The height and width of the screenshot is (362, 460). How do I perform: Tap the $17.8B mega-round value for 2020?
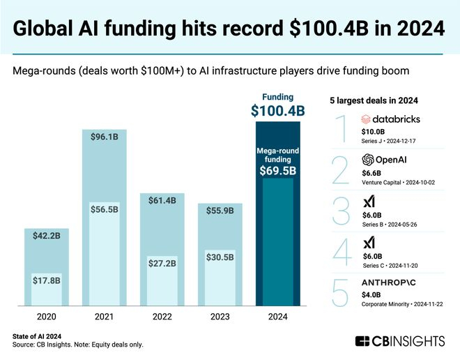click(x=47, y=280)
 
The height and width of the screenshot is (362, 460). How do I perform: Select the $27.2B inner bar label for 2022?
click(x=162, y=264)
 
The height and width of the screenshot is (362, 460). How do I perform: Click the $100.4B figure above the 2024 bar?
click(x=278, y=110)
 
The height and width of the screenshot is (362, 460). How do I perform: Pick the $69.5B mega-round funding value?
click(x=278, y=169)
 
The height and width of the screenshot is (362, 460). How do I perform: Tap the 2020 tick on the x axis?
click(x=47, y=317)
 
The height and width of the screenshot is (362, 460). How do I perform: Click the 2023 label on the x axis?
click(x=220, y=317)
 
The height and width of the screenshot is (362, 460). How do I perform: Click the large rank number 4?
click(x=342, y=252)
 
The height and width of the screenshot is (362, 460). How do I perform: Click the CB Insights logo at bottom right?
click(x=400, y=341)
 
